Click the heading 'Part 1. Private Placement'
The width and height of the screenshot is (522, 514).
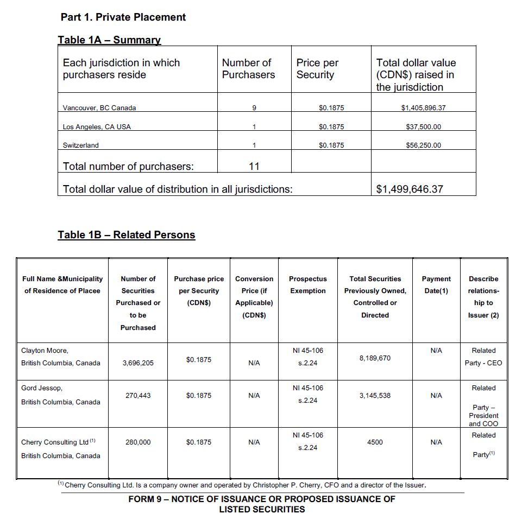click(123, 17)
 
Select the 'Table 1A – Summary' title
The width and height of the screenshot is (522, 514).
click(109, 40)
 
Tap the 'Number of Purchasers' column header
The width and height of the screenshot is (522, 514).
click(248, 69)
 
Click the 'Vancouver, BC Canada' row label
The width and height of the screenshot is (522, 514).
click(99, 108)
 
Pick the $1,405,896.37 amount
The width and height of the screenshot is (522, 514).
click(423, 108)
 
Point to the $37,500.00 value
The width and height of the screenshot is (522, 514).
click(423, 127)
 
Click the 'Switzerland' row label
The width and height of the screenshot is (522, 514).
click(81, 145)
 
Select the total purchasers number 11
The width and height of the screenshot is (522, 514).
click(254, 167)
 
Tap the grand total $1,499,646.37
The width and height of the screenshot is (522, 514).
click(410, 189)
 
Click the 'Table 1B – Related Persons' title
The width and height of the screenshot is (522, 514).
click(127, 235)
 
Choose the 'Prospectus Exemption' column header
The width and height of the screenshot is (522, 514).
click(308, 285)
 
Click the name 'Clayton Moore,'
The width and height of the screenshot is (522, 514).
click(45, 351)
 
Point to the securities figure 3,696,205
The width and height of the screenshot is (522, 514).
click(138, 363)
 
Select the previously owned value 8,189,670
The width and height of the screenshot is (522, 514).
click(375, 358)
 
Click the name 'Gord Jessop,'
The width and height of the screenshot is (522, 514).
click(42, 388)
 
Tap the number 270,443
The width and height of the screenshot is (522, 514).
click(138, 396)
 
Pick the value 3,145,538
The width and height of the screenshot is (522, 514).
click(375, 396)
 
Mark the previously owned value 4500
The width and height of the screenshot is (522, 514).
click(375, 442)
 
